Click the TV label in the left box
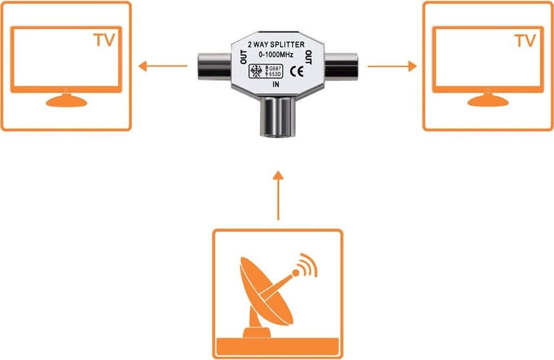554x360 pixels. point(104,40)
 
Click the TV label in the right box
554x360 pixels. point(524,40)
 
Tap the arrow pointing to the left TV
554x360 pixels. point(162,67)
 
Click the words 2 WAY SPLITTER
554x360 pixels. point(276,45)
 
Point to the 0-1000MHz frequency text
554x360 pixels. point(276,55)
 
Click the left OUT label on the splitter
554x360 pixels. point(242,57)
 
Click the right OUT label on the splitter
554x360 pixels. point(309,57)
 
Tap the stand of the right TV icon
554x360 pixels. point(487,101)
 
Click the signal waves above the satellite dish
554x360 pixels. point(307,263)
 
